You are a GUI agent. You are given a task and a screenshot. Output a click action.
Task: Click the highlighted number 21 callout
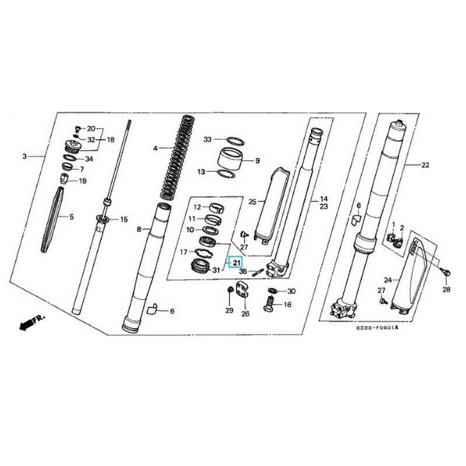(x=236, y=263)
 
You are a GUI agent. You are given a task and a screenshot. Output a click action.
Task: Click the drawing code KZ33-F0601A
(x=377, y=328)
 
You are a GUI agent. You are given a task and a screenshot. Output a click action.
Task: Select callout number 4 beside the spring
(x=156, y=149)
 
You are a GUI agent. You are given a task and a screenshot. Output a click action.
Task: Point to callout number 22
(x=425, y=165)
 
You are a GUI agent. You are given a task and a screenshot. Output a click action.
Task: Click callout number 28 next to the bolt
(x=447, y=290)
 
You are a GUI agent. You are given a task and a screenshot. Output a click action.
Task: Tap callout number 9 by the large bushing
(x=257, y=160)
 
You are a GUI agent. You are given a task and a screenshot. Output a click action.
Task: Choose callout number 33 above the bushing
(x=207, y=139)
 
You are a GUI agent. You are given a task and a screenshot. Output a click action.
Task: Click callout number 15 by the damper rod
(x=123, y=219)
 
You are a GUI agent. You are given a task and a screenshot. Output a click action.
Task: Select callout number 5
(x=72, y=217)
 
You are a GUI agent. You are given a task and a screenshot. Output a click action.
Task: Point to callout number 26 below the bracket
(x=245, y=314)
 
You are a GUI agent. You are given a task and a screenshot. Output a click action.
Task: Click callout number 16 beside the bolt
(x=287, y=305)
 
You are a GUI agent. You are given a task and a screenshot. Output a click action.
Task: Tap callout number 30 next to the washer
(x=292, y=291)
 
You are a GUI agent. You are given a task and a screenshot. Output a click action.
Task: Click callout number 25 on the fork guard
(x=252, y=202)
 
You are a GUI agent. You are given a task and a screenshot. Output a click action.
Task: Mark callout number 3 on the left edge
(x=24, y=156)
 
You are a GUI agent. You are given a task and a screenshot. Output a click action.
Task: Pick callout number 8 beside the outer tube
(x=139, y=230)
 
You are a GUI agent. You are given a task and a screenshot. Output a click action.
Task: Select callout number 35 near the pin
(x=243, y=271)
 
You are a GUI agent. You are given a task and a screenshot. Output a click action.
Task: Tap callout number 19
(x=82, y=181)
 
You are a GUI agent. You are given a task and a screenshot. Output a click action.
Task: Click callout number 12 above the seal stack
(x=197, y=207)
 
